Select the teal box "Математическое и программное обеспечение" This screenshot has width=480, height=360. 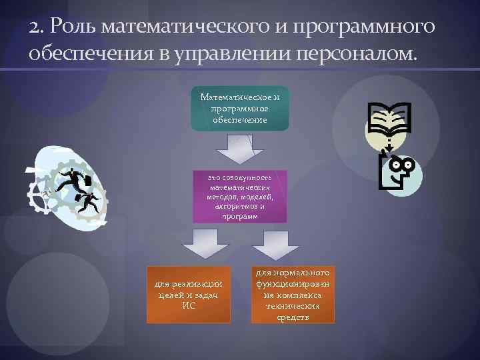tap(240, 108)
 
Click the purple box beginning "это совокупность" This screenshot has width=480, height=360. tap(240, 196)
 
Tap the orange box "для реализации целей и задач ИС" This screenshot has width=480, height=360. tap(189, 294)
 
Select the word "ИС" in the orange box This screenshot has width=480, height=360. tap(189, 305)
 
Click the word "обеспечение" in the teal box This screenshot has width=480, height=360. tap(240, 120)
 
